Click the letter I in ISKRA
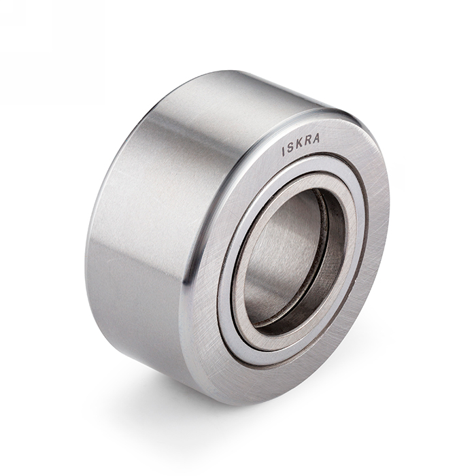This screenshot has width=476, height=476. point(284,152)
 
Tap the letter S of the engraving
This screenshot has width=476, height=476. point(290,148)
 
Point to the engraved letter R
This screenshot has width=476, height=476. point(307,141)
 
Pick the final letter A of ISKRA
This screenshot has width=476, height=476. point(316,138)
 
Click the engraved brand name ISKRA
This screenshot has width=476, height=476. point(301,145)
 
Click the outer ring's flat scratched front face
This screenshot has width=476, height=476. point(373,243)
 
